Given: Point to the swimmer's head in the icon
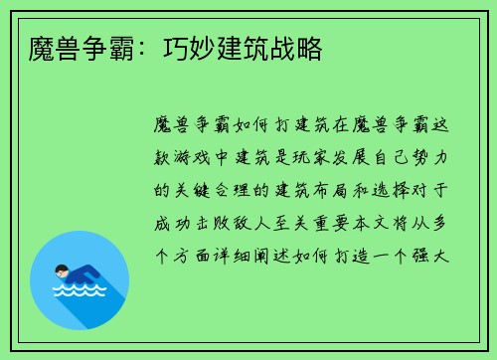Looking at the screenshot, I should coord(63,270).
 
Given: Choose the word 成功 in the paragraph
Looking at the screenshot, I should coord(173,222).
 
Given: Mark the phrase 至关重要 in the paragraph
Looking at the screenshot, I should coord(319,222).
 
